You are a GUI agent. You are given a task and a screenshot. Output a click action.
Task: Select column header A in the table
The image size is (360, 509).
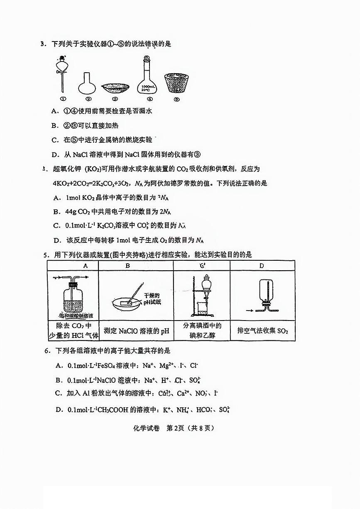pos(85,266)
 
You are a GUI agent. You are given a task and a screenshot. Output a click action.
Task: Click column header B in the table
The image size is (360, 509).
pos(128,266)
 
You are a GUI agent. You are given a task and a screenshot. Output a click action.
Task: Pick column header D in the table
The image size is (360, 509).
pos(261,266)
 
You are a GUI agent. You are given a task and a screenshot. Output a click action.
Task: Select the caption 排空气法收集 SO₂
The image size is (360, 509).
pos(262,331)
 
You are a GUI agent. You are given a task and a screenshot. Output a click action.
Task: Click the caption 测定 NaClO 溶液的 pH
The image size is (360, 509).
pos(137,331)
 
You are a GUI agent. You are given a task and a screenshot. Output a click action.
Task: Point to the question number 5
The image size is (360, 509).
pos(47,254)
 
